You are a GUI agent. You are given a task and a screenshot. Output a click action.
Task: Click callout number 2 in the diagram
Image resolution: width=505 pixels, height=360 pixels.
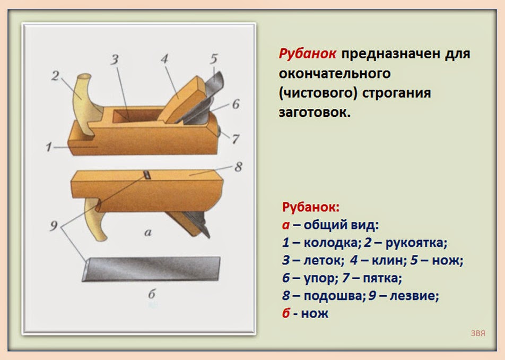(x=55, y=76)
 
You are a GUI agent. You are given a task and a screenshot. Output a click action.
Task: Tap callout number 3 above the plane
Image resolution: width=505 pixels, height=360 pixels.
(x=115, y=59)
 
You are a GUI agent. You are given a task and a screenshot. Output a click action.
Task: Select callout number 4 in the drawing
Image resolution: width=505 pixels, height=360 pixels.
(x=164, y=59)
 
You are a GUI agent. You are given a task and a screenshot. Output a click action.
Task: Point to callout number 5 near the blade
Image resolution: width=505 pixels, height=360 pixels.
(x=214, y=58)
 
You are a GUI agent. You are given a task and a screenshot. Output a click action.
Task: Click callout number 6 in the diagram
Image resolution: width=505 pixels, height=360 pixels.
(x=236, y=104)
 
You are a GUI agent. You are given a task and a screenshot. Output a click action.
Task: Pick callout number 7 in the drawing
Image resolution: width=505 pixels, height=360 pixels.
(x=236, y=139)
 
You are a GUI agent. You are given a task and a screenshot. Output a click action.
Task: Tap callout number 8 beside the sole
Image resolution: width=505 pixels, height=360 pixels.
(x=238, y=167)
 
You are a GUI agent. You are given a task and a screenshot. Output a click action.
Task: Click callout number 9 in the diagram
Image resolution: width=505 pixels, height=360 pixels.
(x=54, y=226)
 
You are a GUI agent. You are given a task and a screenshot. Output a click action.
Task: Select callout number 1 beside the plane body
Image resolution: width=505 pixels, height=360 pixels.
(x=49, y=147)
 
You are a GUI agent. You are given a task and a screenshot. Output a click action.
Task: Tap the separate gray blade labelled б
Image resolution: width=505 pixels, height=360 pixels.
(x=151, y=269)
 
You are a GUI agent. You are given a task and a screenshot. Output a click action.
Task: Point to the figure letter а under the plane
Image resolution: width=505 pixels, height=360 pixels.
(x=148, y=233)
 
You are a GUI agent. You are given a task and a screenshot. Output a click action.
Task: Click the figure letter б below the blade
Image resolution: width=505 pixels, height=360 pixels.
(x=152, y=294)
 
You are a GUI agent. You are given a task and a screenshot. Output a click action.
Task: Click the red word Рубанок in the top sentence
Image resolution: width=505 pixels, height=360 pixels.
(x=307, y=54)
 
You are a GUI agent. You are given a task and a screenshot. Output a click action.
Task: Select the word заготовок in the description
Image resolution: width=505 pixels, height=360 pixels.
(x=314, y=113)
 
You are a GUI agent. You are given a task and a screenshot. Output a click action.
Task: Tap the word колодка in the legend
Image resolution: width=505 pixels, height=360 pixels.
(x=330, y=242)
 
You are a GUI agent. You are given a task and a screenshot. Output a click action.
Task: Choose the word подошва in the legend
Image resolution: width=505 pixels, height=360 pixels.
(x=333, y=296)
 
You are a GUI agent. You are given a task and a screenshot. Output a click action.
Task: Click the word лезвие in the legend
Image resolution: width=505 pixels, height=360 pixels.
(x=414, y=296)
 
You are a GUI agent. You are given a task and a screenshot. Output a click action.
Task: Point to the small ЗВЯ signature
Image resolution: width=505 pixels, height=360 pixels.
(x=478, y=333)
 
